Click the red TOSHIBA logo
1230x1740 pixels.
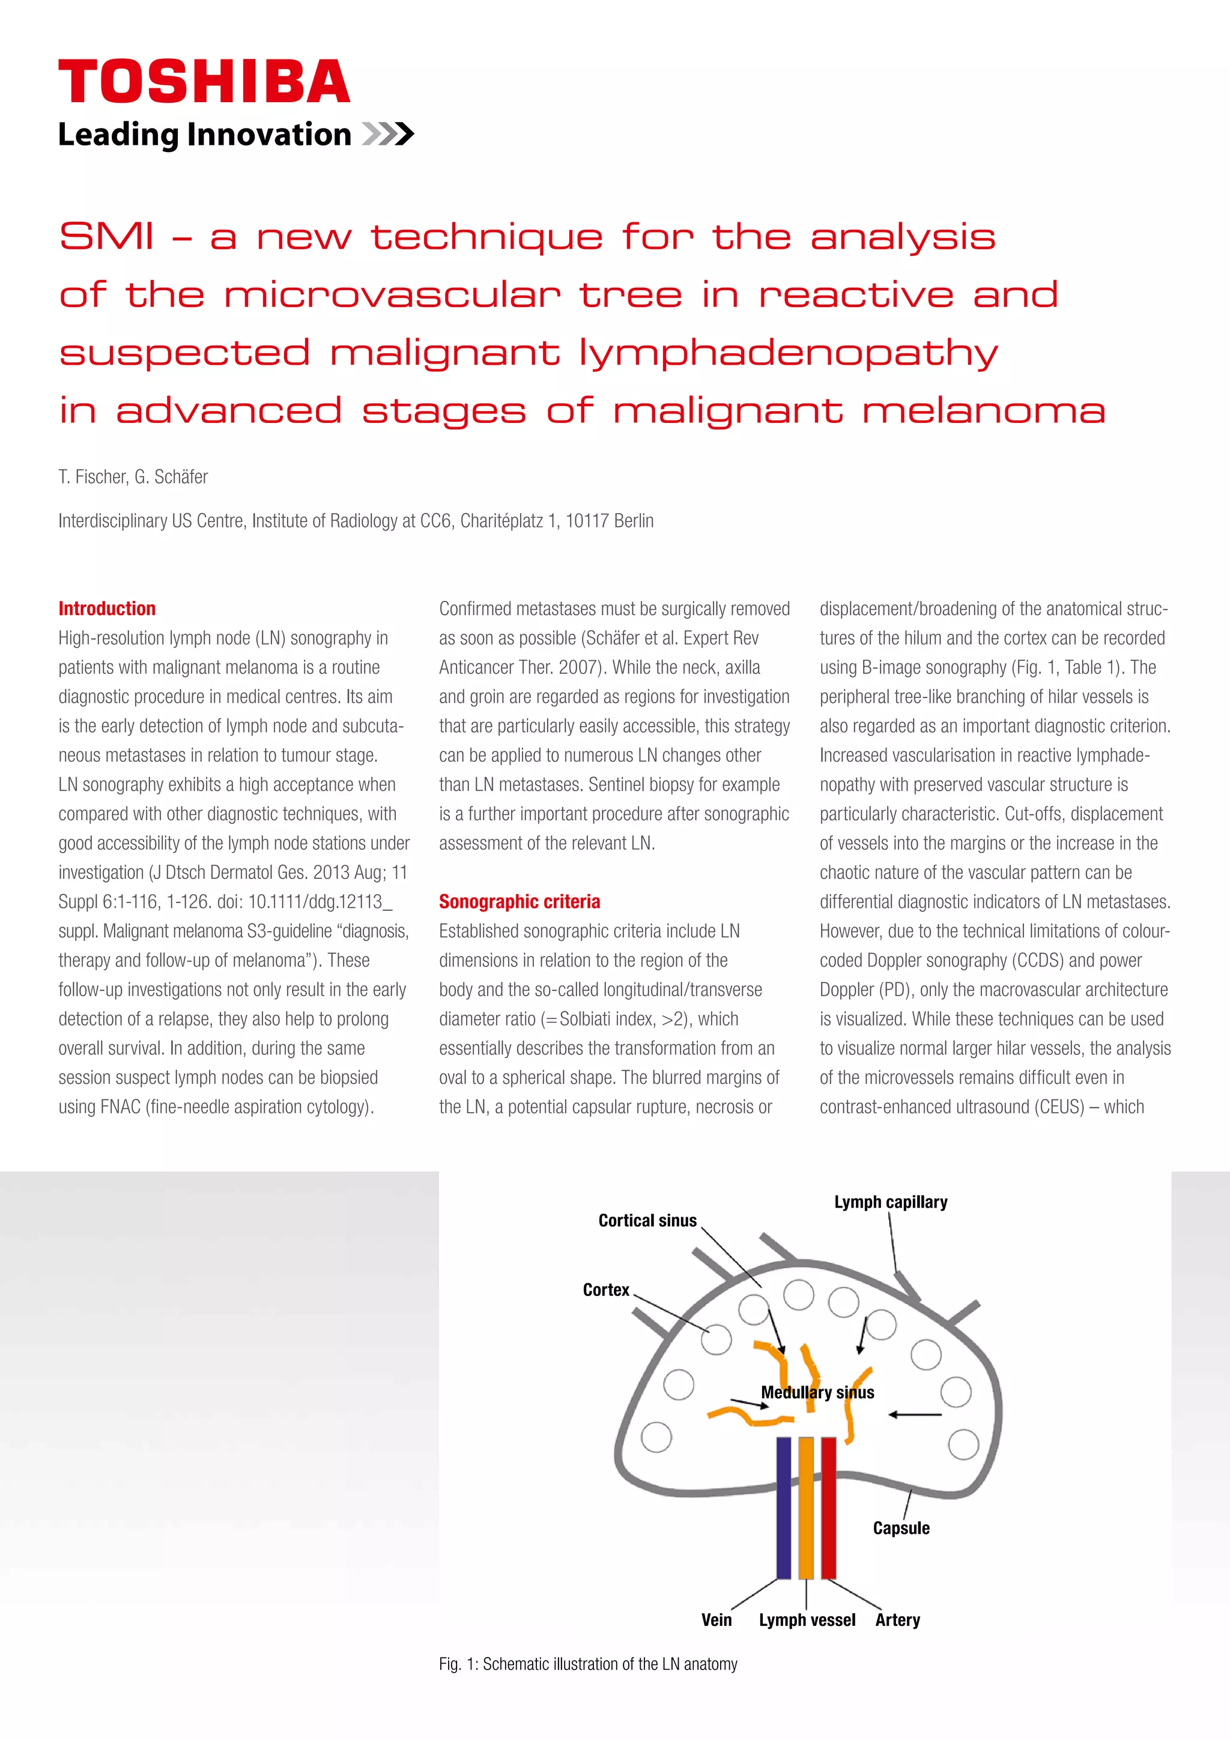coord(204,81)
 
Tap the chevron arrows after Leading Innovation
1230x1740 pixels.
coord(388,134)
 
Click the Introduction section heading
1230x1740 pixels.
coord(107,609)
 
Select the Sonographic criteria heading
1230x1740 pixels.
coord(519,901)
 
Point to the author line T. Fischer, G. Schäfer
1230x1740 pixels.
coord(133,476)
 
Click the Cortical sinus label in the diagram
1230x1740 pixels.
coord(647,1220)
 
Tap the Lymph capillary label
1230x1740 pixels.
coord(890,1202)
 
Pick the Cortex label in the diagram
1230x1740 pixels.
coord(606,1289)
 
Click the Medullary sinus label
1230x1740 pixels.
coord(817,1392)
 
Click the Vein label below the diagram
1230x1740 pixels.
coord(716,1619)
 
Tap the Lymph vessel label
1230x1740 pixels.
coord(807,1619)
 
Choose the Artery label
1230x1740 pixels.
coord(897,1619)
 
